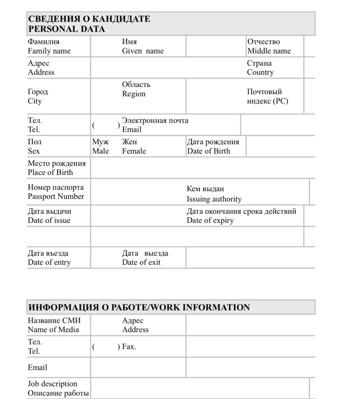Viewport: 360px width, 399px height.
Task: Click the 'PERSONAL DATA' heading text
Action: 66,29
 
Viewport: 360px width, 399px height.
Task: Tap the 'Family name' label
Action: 49,51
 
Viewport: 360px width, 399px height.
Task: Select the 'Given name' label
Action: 143,51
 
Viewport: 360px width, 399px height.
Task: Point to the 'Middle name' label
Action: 269,51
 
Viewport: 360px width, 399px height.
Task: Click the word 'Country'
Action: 260,72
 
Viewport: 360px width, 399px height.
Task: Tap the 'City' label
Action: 35,101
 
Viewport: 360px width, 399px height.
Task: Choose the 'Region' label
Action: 133,94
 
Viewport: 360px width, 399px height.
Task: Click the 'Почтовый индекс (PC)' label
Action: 267,97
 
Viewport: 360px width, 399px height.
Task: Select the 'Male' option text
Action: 100,151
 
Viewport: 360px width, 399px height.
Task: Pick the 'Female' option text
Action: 134,151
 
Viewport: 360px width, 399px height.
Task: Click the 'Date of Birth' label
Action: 209,151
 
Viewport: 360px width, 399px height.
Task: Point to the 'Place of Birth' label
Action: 50,172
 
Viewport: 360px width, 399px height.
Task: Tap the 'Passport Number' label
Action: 56,196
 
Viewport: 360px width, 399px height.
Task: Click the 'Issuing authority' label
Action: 214,199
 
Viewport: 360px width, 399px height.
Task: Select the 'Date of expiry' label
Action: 210,221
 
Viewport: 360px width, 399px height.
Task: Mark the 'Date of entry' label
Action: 49,262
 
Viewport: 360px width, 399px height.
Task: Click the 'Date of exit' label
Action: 141,262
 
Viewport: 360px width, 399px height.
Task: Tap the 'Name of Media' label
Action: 53,330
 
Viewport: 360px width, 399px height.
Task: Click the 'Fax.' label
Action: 129,346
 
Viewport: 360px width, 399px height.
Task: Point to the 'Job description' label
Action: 52,384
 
